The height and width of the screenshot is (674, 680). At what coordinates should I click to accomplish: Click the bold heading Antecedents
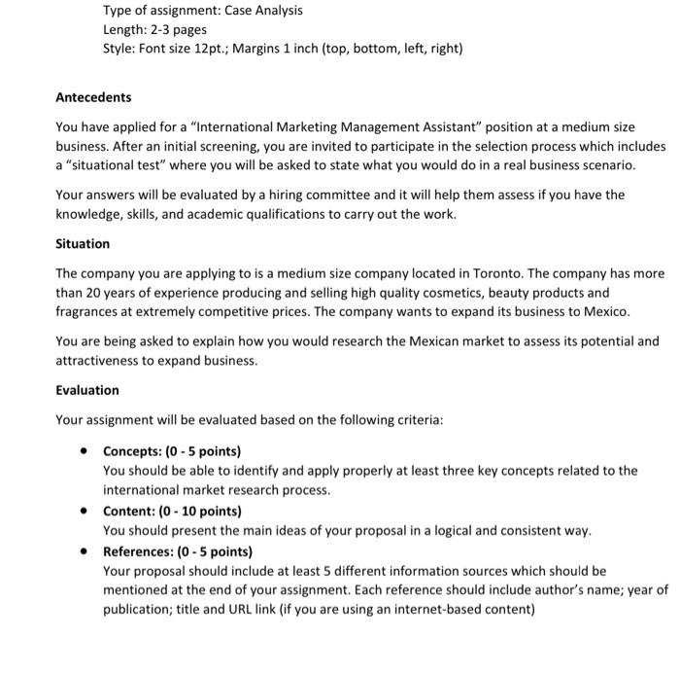[x=93, y=97]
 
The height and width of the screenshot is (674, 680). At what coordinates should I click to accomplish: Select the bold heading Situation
[x=83, y=243]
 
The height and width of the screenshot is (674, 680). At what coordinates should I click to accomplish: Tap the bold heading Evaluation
[x=87, y=390]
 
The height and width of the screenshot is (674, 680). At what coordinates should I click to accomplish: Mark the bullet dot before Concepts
[x=86, y=451]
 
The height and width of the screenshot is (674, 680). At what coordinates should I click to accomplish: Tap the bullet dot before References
[x=86, y=550]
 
